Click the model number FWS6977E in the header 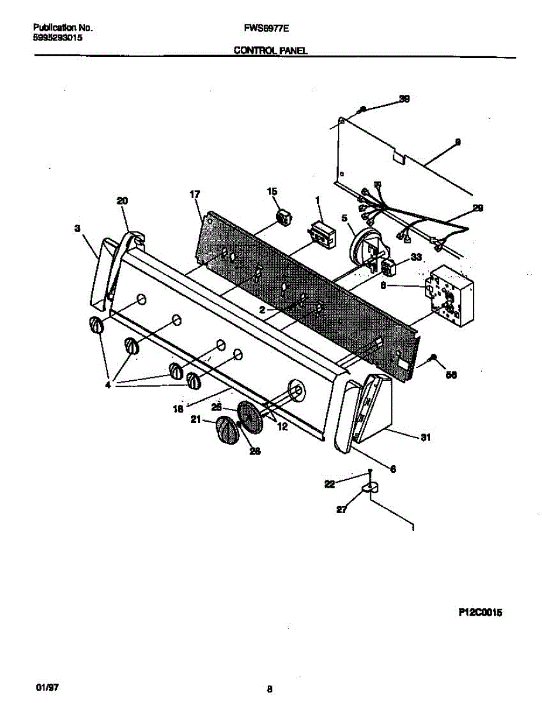(x=260, y=28)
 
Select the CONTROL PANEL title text (x=271, y=51)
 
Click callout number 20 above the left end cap (x=122, y=201)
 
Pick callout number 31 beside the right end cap (x=425, y=436)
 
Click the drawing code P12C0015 (x=480, y=613)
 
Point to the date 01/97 (x=43, y=685)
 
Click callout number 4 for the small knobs (x=108, y=385)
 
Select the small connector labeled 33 (x=387, y=269)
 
